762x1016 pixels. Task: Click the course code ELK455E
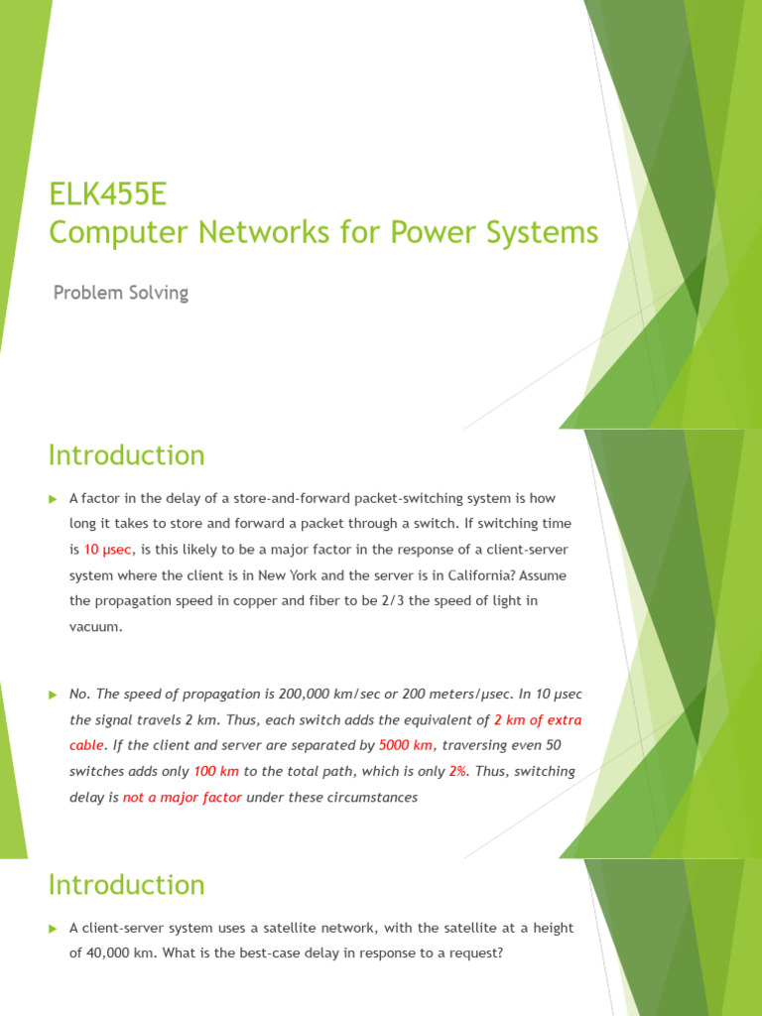coord(108,192)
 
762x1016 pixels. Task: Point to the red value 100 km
coord(216,771)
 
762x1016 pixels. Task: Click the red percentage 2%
coord(457,771)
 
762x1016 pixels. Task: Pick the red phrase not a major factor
coord(183,797)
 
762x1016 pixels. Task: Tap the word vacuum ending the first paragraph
coord(95,627)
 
